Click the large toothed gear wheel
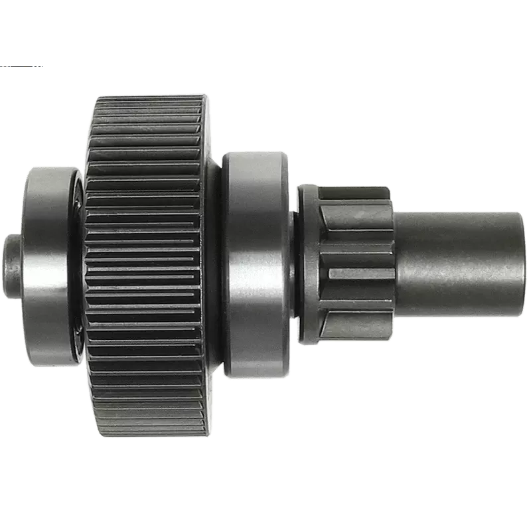[x=146, y=265]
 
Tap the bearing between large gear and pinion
[x=256, y=265]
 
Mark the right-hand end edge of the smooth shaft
[x=527, y=264]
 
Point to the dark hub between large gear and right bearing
[x=213, y=265]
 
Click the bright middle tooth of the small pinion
[x=362, y=273]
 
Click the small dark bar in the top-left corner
[x=20, y=67]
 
